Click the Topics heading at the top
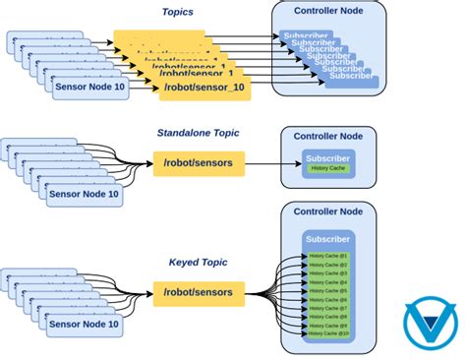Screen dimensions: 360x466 179,12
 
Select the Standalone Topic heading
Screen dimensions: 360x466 198,133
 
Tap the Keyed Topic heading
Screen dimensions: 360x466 198,263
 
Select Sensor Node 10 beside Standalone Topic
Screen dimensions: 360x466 84,194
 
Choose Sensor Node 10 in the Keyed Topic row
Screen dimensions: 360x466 84,324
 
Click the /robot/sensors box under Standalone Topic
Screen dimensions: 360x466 199,163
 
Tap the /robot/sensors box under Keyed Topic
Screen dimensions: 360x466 199,292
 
